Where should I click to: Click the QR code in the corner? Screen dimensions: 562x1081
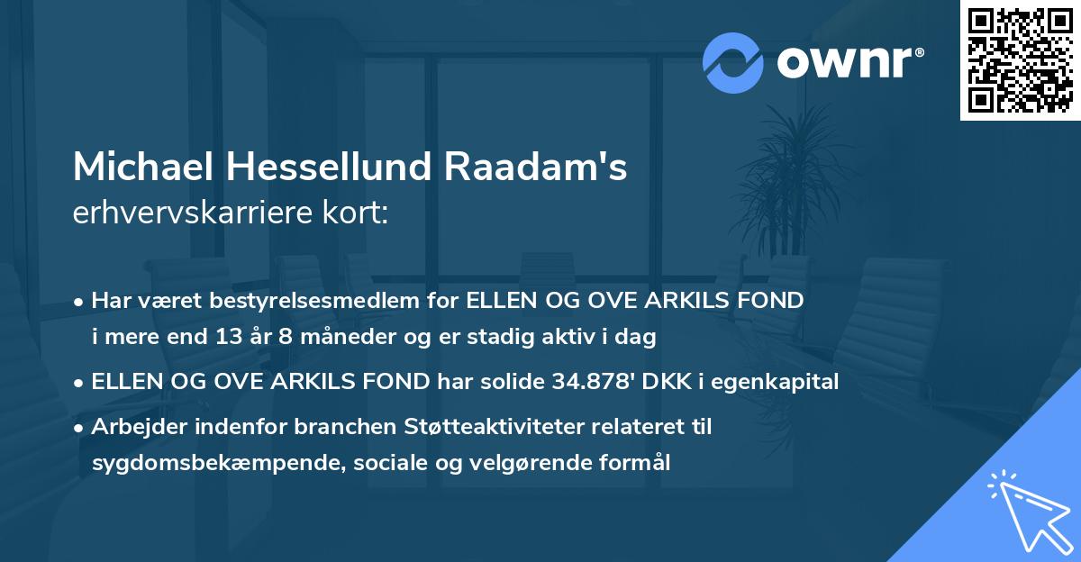tap(1021, 59)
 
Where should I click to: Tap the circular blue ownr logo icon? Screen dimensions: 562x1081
tap(733, 62)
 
